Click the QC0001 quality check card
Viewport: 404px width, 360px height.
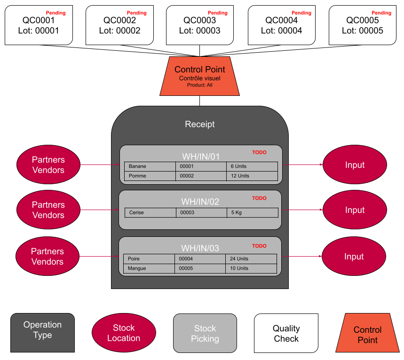[x=39, y=25]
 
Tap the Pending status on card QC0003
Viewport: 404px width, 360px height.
[x=217, y=13]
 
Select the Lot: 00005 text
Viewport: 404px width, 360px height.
[x=362, y=31]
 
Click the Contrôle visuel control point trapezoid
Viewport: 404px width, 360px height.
[x=200, y=76]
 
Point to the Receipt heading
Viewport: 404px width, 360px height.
[x=199, y=125]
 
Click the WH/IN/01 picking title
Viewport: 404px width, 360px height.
[x=201, y=157]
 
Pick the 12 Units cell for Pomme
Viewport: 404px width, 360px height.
[x=252, y=176]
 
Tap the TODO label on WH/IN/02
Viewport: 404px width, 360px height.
[x=259, y=198]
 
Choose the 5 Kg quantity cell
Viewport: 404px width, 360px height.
[x=252, y=212]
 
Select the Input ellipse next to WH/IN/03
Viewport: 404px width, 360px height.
[x=354, y=257]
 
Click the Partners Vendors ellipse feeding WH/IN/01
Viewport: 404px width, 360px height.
[x=48, y=165]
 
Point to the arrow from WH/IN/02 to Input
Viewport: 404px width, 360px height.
[x=302, y=210]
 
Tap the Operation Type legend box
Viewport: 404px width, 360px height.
[x=42, y=333]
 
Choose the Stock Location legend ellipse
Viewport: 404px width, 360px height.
[x=124, y=333]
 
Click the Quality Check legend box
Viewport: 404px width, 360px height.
[x=286, y=333]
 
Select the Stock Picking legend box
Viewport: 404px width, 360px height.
[x=205, y=333]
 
